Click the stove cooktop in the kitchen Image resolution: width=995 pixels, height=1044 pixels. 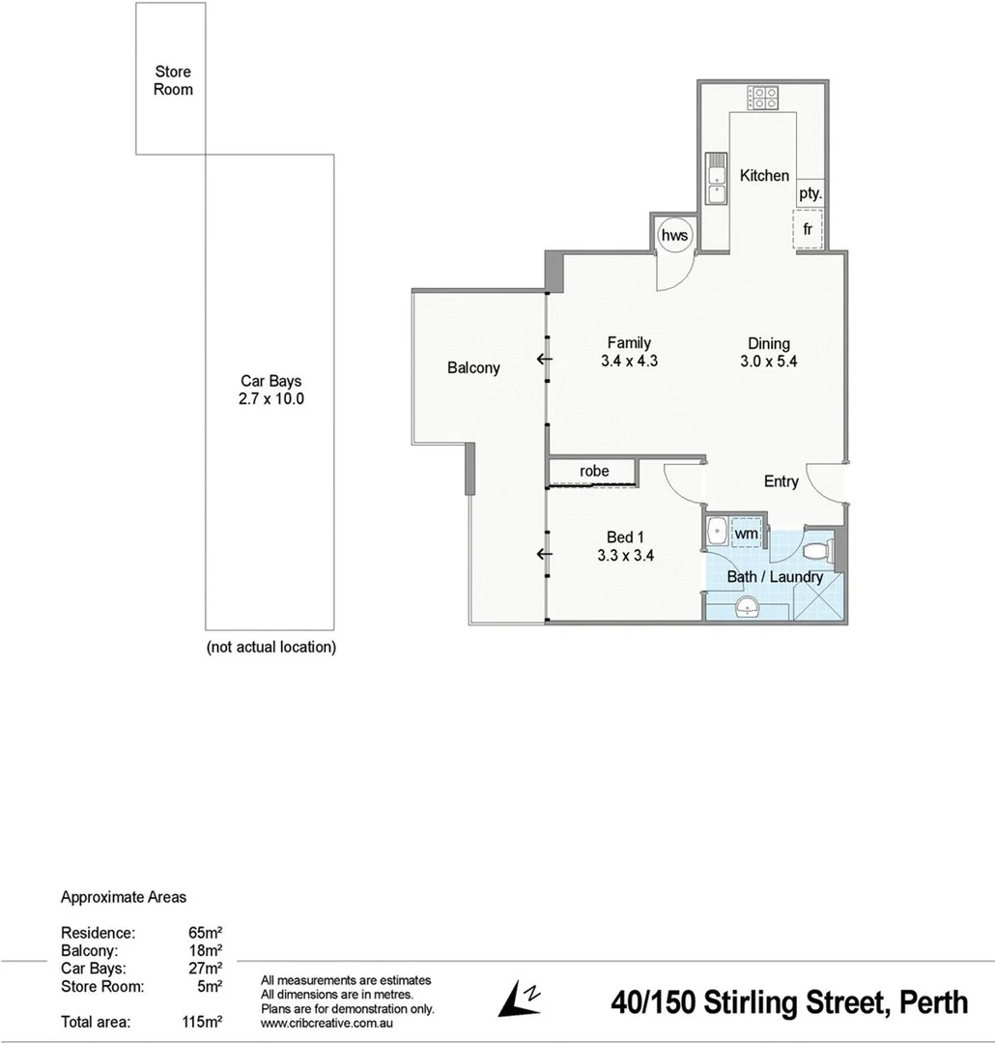pos(762,97)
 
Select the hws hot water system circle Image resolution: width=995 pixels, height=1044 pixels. pos(671,235)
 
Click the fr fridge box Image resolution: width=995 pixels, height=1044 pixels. pos(808,230)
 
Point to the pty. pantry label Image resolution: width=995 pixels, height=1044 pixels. pos(810,193)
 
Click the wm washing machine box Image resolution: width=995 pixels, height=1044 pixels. pos(746,533)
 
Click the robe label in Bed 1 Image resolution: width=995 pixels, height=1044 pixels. pos(594,471)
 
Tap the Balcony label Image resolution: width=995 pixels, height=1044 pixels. pos(473,367)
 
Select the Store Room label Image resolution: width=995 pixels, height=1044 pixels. pos(174,80)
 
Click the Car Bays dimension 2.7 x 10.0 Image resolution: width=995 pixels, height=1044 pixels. pos(271,398)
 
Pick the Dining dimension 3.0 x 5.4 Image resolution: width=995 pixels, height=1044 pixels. pos(768,361)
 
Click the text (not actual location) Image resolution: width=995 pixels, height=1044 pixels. pos(271,648)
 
